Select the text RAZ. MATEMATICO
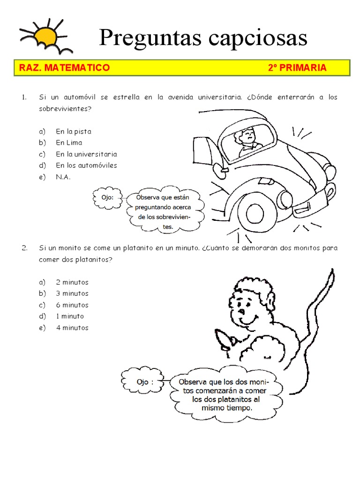point(64,68)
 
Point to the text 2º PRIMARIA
point(297,68)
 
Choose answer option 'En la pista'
point(74,132)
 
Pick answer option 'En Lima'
point(69,143)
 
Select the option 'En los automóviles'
point(86,165)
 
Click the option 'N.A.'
point(63,177)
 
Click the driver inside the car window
point(247,141)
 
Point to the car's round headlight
point(285,196)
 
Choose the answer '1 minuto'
point(70,316)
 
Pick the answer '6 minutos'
point(72,305)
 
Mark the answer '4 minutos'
point(72,328)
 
